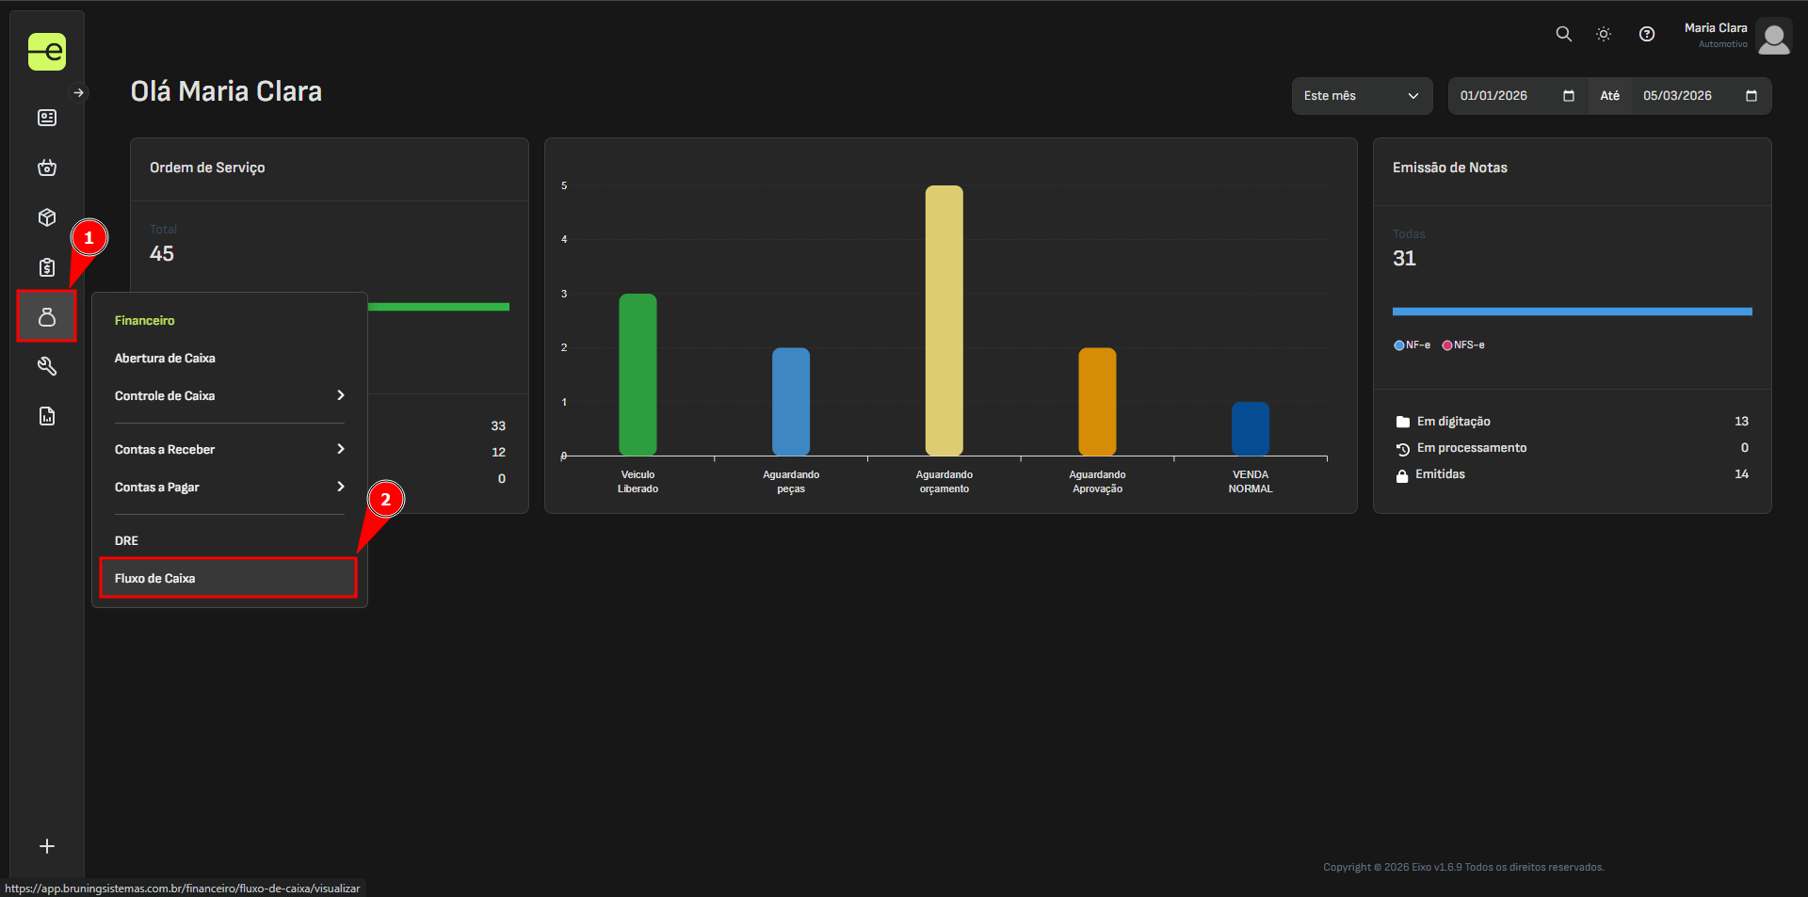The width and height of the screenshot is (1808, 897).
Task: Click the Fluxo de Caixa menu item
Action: pyautogui.click(x=155, y=578)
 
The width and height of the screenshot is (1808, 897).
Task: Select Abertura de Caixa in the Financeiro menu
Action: pyautogui.click(x=165, y=358)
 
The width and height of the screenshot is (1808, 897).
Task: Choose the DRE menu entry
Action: pyautogui.click(x=127, y=540)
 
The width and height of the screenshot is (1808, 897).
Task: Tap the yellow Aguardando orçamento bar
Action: pyautogui.click(x=944, y=320)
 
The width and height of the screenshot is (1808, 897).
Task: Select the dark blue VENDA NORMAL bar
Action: pyautogui.click(x=1250, y=428)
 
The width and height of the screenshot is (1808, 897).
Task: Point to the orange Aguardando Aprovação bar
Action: pyautogui.click(x=1097, y=401)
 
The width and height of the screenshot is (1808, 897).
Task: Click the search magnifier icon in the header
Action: pyautogui.click(x=1563, y=34)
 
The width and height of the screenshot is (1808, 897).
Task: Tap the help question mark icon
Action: pyautogui.click(x=1646, y=34)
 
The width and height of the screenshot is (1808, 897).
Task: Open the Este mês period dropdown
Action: pyautogui.click(x=1361, y=96)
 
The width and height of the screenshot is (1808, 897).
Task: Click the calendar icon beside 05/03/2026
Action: pyautogui.click(x=1751, y=96)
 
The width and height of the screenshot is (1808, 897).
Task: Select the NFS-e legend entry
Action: pyautogui.click(x=1463, y=345)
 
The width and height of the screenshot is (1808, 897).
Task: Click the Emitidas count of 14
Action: pyautogui.click(x=1741, y=474)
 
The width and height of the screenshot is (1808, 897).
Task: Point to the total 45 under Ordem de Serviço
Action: pyautogui.click(x=162, y=253)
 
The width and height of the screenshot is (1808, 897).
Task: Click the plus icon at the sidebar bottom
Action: pyautogui.click(x=47, y=846)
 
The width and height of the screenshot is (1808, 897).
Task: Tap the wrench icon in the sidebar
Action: pyautogui.click(x=47, y=366)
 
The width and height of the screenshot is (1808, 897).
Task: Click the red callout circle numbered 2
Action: pyautogui.click(x=386, y=500)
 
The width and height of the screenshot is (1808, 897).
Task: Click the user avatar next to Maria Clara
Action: pyautogui.click(x=1773, y=38)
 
